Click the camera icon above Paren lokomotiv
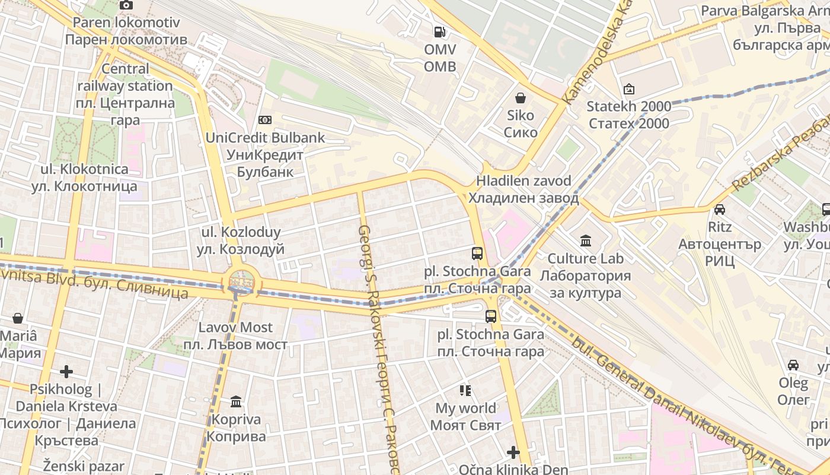[x=126, y=5]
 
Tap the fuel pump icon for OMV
[x=439, y=31]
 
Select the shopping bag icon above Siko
[x=521, y=98]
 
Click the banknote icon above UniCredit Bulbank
[x=265, y=120]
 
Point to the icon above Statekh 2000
[x=628, y=90]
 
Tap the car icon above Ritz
[x=719, y=210]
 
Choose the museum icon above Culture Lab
[x=586, y=241]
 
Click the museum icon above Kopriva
[x=236, y=402]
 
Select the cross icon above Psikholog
[x=66, y=372]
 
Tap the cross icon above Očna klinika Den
[x=513, y=452]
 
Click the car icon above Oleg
[x=793, y=365]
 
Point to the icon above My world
[x=465, y=391]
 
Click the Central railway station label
[x=125, y=94]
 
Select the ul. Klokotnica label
[x=84, y=178]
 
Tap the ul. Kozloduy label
[x=240, y=240]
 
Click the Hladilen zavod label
[x=523, y=189]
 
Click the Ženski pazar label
[x=84, y=467]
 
